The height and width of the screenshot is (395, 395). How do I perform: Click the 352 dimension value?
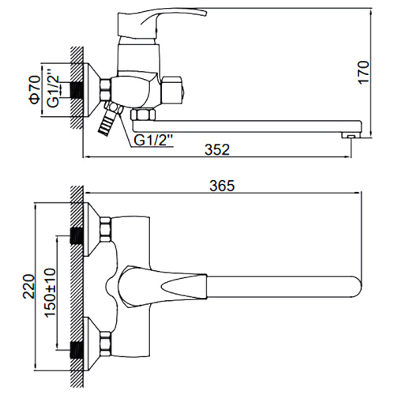(217, 149)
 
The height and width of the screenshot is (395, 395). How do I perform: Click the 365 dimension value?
(222, 186)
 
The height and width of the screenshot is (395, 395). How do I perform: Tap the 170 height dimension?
(364, 73)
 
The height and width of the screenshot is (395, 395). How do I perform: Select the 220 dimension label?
(28, 286)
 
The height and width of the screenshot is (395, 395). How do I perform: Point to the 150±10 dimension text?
(50, 292)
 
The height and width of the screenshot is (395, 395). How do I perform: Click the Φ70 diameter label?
(35, 89)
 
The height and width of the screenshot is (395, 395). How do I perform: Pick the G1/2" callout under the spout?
(153, 140)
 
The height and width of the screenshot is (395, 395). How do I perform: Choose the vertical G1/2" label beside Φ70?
(53, 88)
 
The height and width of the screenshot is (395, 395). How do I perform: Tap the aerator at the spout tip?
(351, 135)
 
